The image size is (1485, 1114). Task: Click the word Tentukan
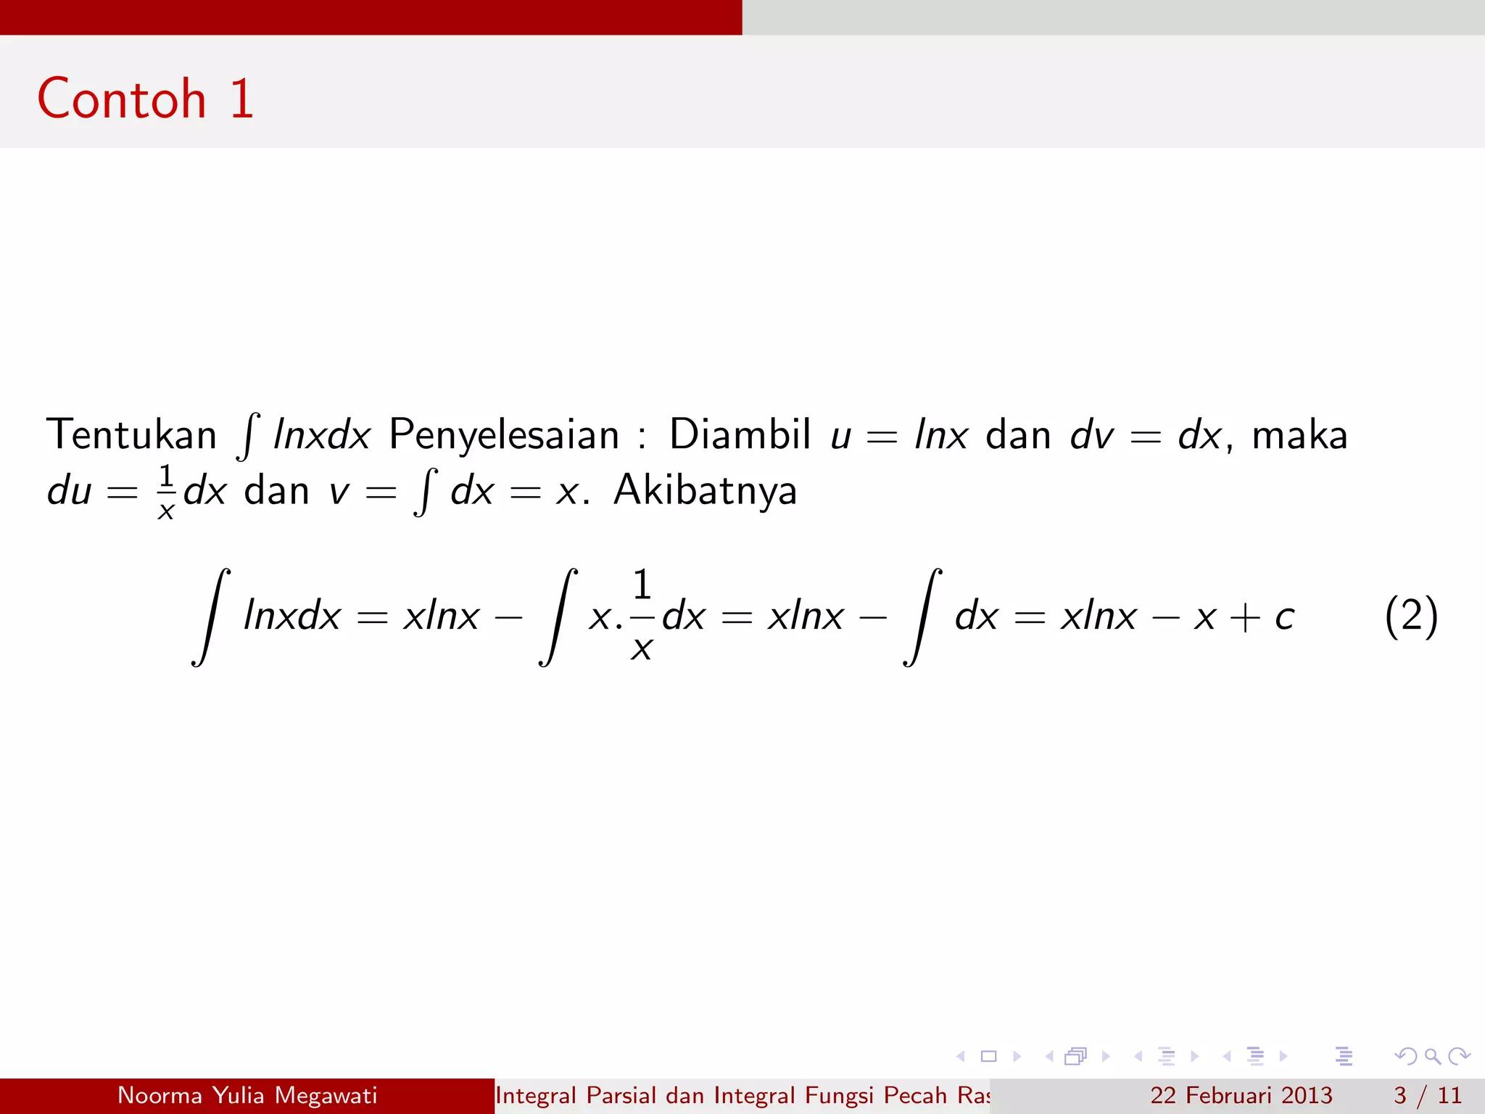pos(131,434)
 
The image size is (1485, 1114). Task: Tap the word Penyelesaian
pos(504,434)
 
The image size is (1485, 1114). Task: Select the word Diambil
pos(740,434)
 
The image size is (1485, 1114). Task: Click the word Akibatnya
pos(705,490)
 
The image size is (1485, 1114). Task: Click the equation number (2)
pos(1410,616)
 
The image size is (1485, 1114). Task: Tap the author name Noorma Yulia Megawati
pos(247,1095)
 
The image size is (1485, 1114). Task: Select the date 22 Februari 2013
pos(1241,1095)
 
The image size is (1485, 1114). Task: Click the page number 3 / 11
pos(1427,1095)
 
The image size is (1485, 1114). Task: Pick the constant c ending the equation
pos(1284,617)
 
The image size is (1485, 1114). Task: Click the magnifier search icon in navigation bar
pos(1432,1056)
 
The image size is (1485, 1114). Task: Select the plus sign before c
pos(1245,618)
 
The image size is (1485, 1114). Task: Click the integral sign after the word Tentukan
pos(249,436)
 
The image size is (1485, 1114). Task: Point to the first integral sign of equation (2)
pos(211,616)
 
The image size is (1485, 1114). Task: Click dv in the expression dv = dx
pos(1091,435)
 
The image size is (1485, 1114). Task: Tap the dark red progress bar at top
pos(371,17)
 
